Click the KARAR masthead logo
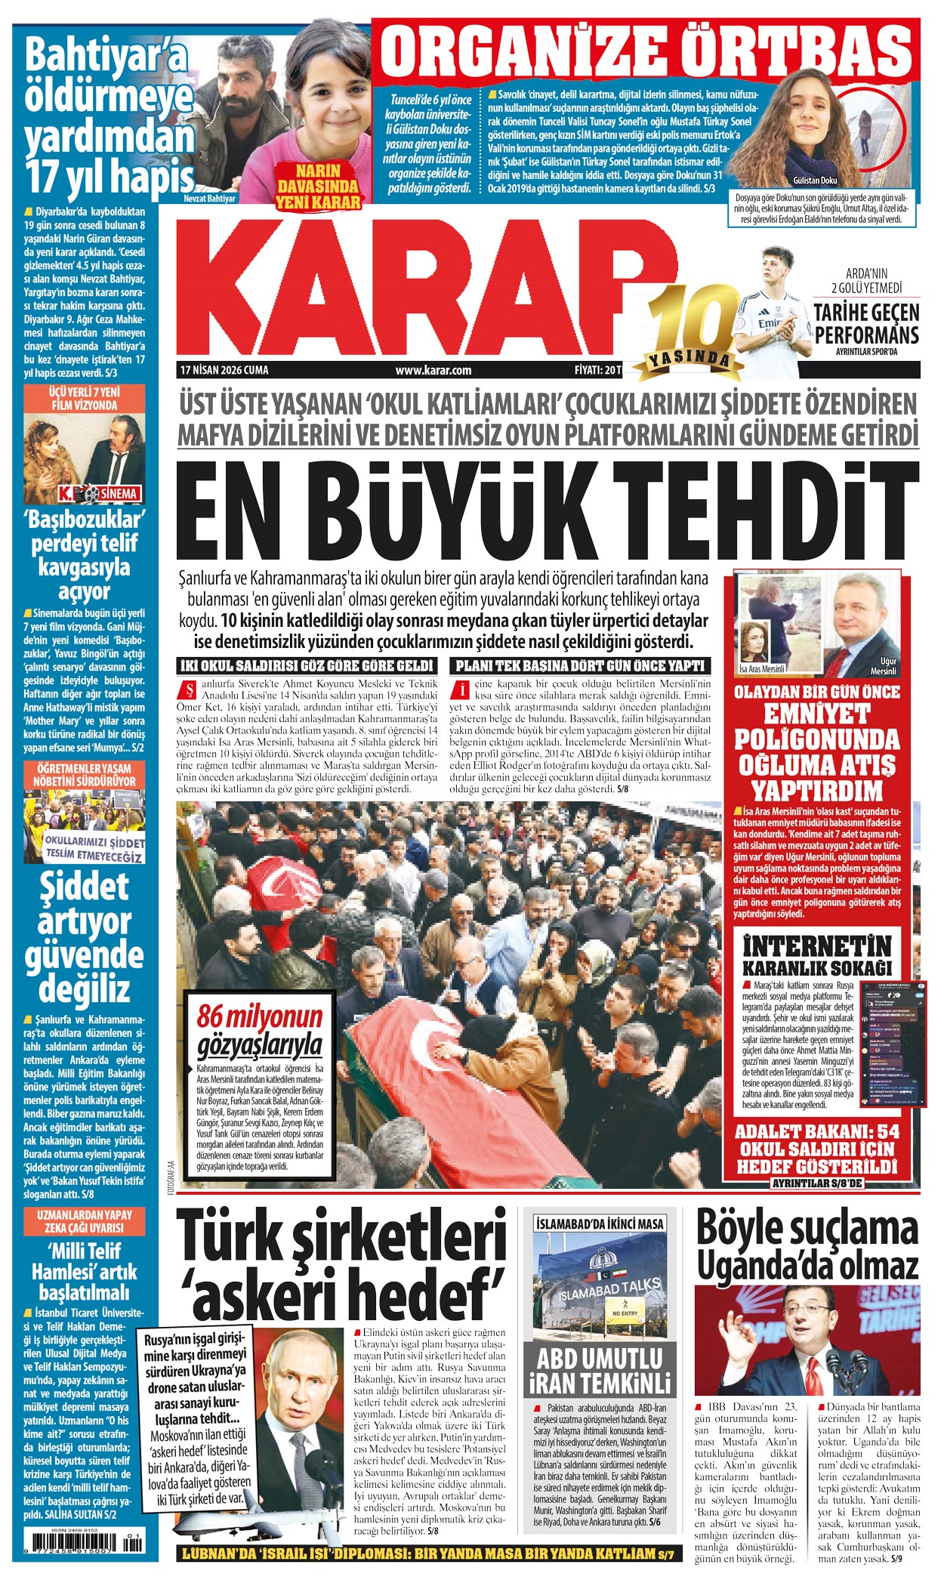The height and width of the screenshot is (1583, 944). tap(423, 291)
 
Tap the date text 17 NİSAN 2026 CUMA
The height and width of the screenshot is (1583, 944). tap(224, 370)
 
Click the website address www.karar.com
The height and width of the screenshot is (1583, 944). tap(433, 370)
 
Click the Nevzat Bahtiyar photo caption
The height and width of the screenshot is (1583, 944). tap(209, 199)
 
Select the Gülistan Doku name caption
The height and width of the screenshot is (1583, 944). tap(815, 181)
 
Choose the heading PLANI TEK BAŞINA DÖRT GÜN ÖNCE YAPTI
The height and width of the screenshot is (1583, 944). tap(580, 665)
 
